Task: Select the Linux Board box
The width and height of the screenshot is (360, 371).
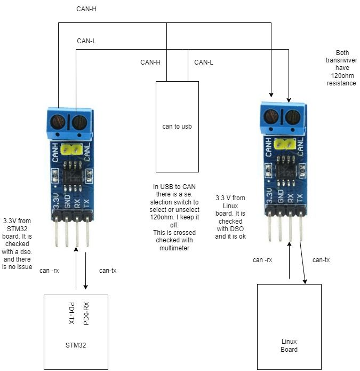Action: pyautogui.click(x=289, y=327)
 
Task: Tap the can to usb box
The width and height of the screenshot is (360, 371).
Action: pyautogui.click(x=177, y=127)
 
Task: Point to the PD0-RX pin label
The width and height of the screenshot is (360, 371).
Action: pyautogui.click(x=86, y=314)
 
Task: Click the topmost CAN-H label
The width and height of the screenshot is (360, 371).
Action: pyautogui.click(x=86, y=9)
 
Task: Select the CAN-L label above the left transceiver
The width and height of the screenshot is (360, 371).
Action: pyautogui.click(x=86, y=41)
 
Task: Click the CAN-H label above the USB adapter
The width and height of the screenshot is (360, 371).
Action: pyautogui.click(x=150, y=62)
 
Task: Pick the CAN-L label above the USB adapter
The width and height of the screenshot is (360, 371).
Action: pyautogui.click(x=204, y=62)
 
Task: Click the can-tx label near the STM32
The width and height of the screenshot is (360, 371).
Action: pyautogui.click(x=108, y=270)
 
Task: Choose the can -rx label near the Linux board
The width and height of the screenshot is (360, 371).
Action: pyautogui.click(x=262, y=260)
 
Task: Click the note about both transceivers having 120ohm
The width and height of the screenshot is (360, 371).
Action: pyautogui.click(x=342, y=68)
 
